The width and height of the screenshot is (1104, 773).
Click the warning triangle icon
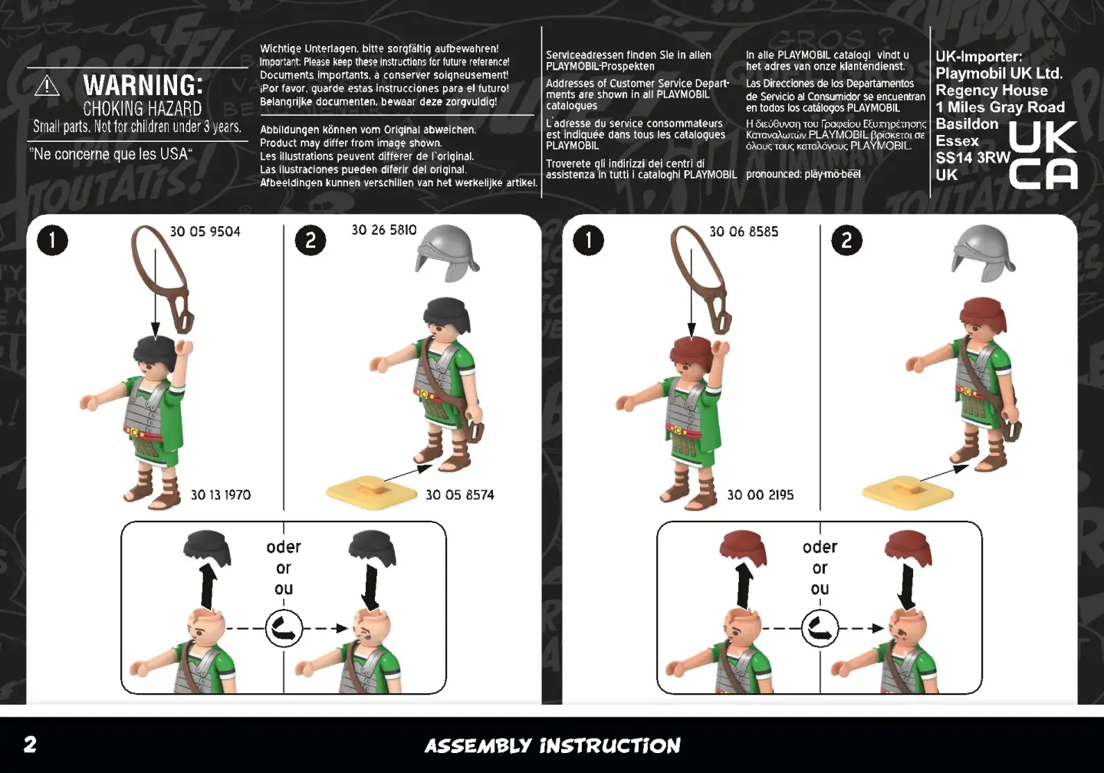click(48, 86)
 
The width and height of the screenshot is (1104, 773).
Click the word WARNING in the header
click(143, 85)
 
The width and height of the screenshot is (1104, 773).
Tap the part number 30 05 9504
click(205, 232)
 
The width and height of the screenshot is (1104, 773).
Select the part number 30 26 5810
click(384, 230)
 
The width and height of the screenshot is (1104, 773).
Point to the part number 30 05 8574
click(460, 495)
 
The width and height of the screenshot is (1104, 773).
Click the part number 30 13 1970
click(221, 495)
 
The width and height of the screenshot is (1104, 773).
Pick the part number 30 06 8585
click(744, 232)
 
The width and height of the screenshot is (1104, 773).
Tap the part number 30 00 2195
click(761, 495)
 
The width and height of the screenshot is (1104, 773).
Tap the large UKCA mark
click(1043, 155)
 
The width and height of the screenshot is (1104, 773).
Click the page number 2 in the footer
click(30, 745)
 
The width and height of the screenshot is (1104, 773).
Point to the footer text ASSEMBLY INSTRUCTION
click(553, 746)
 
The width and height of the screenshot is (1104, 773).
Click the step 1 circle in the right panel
click(589, 241)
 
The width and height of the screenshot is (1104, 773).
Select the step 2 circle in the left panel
click(310, 241)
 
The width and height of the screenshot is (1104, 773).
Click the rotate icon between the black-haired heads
click(284, 629)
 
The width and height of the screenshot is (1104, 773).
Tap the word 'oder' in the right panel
click(820, 547)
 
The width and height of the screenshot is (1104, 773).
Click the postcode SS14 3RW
click(973, 158)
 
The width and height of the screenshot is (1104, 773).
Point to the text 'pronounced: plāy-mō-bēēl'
click(803, 174)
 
